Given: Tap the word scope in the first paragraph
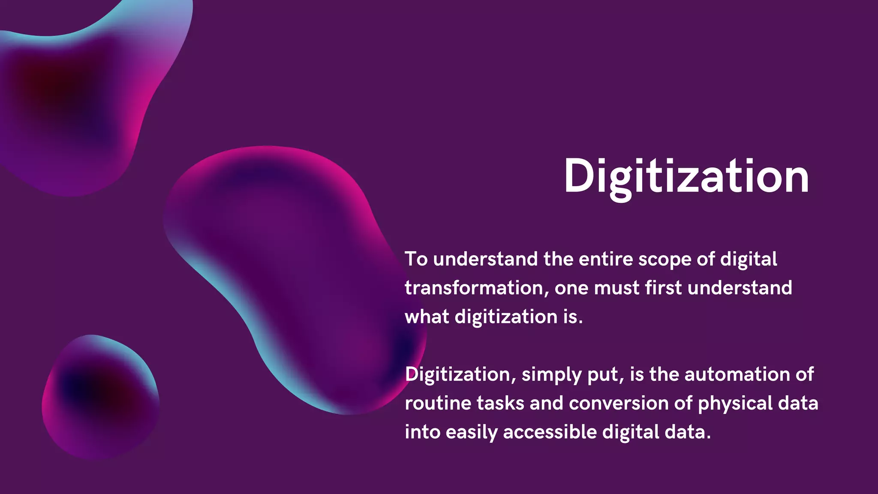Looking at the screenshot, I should (664, 259).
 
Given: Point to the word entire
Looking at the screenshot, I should (605, 259).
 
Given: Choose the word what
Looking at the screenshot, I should (427, 317).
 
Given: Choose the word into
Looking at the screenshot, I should (422, 432).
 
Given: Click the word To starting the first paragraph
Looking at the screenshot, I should (416, 259).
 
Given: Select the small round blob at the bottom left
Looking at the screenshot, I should (101, 397).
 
